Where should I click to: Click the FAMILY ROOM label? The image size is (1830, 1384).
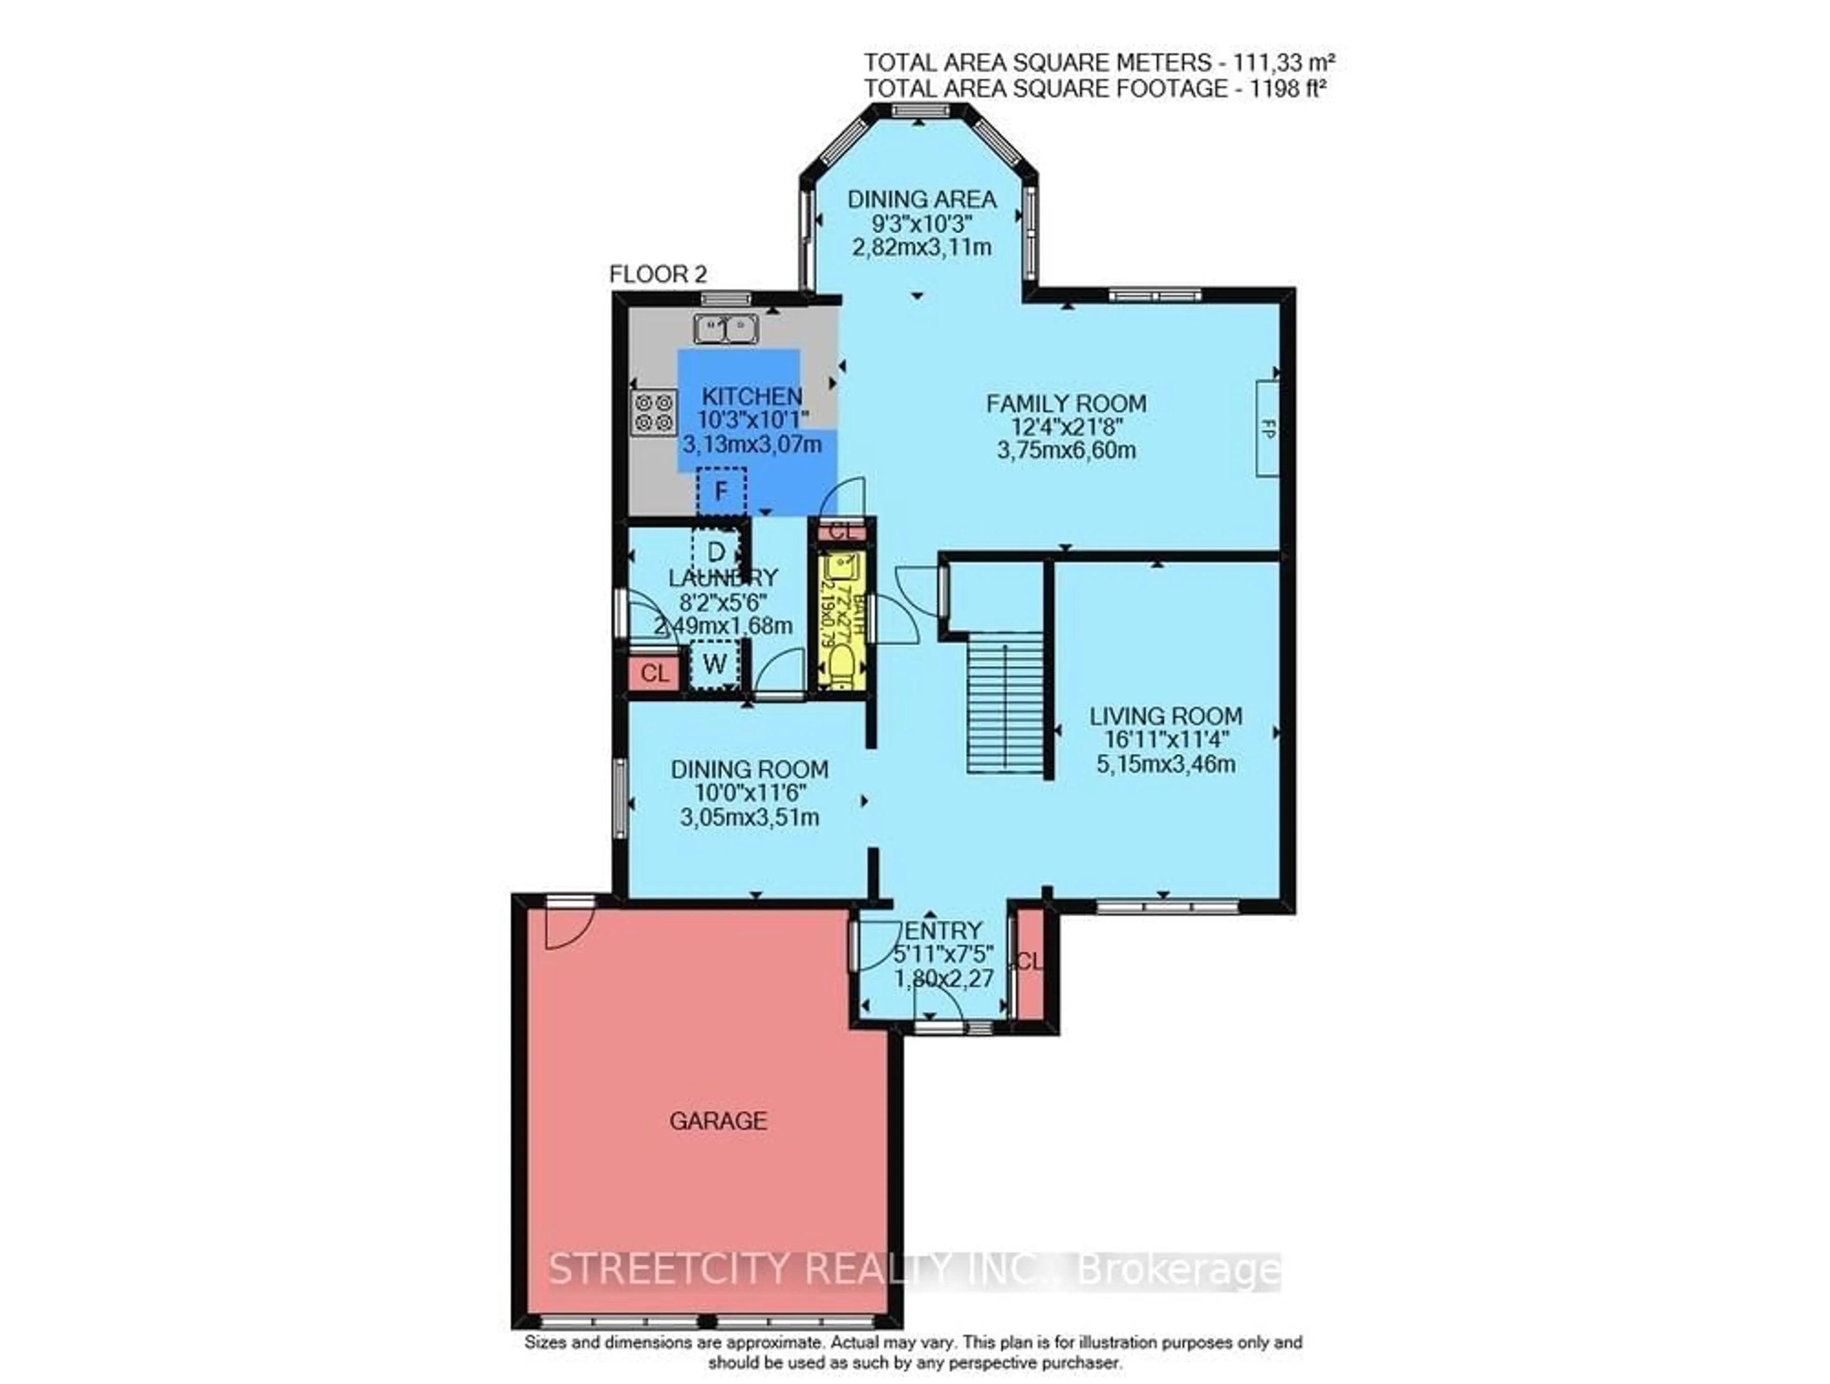[x=1066, y=404]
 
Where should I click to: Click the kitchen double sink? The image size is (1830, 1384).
[x=725, y=328]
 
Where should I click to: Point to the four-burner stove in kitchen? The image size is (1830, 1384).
[x=653, y=413]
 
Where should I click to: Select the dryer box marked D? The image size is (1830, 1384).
[x=716, y=551]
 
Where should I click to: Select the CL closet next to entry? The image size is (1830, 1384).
[x=1029, y=963]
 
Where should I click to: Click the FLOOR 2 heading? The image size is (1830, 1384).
[x=658, y=274]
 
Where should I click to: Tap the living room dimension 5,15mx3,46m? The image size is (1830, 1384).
[x=1166, y=763]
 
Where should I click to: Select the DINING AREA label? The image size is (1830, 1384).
[x=922, y=199]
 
